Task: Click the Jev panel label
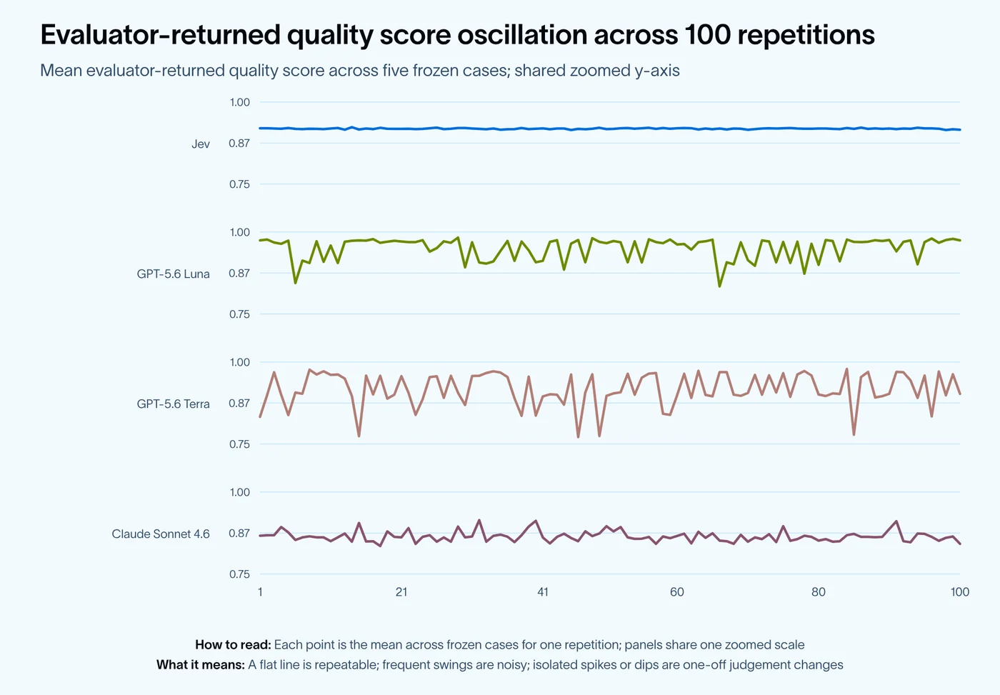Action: point(201,144)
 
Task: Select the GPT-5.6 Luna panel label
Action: point(173,274)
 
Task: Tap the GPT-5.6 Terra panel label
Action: point(173,404)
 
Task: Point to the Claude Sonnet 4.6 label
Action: point(161,534)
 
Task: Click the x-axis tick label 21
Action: point(401,592)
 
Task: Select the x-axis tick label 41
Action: point(543,592)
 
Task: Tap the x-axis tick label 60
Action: point(677,592)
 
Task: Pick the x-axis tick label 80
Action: point(819,592)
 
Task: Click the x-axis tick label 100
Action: point(960,592)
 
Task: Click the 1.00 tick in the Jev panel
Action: point(240,102)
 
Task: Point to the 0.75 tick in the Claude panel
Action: point(240,574)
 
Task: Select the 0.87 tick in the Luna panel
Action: point(239,273)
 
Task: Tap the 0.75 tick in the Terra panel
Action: point(240,444)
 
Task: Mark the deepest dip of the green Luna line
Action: point(720,286)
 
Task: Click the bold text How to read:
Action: point(233,644)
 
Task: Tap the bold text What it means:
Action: point(201,665)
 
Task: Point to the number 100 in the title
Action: point(706,34)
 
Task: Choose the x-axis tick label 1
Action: point(260,592)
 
